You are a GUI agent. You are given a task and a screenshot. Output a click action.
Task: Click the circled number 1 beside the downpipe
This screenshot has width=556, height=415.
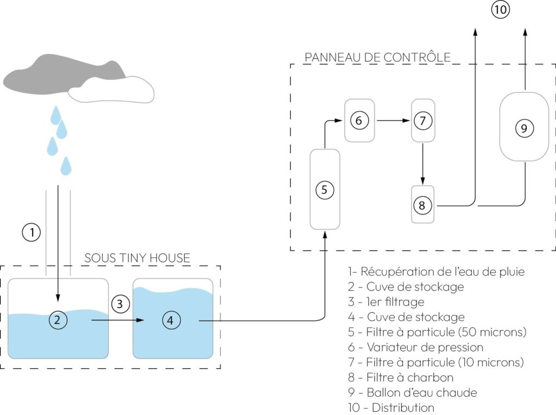pos(32,232)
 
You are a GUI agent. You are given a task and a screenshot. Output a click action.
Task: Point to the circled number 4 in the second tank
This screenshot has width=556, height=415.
pos(170,320)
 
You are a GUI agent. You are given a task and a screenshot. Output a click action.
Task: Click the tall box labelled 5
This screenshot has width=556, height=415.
pos(325,190)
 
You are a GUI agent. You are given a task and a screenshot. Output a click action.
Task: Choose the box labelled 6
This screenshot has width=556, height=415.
pos(359,121)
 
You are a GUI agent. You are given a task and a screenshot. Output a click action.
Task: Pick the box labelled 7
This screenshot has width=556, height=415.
pos(423,121)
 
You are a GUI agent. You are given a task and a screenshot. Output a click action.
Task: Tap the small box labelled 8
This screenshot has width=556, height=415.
pos(422,205)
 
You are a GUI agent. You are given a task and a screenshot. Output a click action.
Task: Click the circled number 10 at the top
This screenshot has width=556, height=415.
pos(501,9)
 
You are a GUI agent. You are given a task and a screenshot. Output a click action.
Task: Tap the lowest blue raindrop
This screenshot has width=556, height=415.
pos(66,166)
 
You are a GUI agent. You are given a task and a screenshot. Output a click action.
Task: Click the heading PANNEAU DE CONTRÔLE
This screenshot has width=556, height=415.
pos(377,57)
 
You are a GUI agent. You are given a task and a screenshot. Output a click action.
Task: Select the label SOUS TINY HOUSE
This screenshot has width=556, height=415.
pos(137,258)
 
